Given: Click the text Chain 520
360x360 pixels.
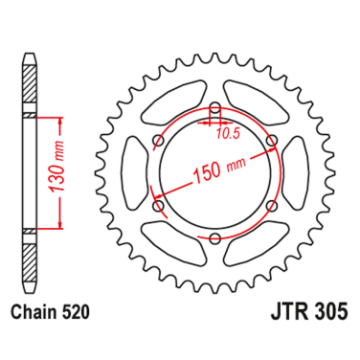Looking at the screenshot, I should pos(55,311).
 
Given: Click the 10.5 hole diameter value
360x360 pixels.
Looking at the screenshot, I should pos(228,134).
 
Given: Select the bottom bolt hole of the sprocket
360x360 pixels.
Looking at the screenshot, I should pos(214,238).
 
